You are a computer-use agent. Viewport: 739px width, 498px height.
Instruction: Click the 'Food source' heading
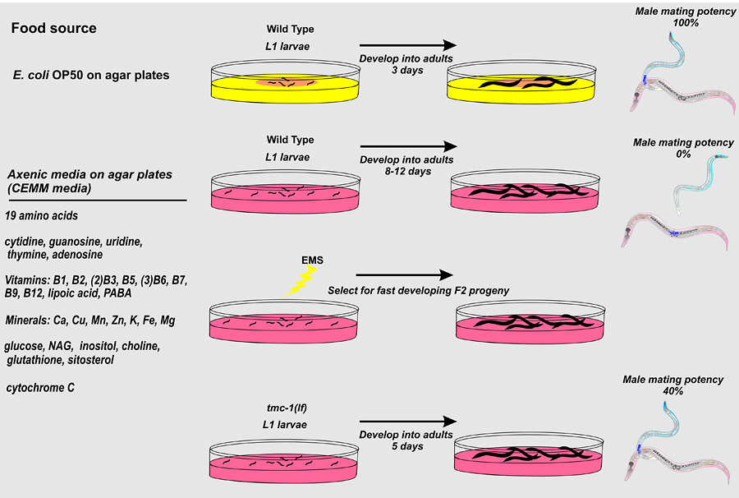point(54,29)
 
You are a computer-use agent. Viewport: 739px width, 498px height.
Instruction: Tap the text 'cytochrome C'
point(41,386)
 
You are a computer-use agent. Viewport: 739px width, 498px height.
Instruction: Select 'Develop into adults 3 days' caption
point(407,65)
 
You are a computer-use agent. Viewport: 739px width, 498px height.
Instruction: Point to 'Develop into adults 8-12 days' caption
point(407,165)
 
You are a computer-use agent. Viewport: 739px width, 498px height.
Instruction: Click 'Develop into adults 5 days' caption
point(407,440)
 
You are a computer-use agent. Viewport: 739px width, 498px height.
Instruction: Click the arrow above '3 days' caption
point(407,47)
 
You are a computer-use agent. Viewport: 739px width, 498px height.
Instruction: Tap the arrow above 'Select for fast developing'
point(404,274)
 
